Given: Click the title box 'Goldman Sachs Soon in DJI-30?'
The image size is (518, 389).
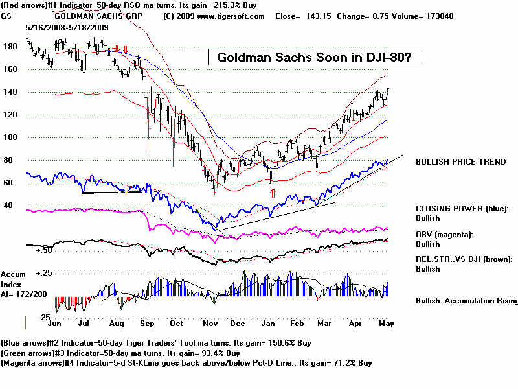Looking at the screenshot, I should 314,58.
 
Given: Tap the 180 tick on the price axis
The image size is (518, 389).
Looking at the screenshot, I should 10,47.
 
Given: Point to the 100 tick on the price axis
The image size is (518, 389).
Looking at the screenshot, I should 10,137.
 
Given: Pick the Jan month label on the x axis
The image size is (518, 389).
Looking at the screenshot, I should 272,322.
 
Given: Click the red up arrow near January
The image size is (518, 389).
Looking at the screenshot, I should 273,193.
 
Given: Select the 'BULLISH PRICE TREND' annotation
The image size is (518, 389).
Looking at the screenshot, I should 460,162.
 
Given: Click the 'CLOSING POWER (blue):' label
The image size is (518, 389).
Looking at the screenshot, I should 462,209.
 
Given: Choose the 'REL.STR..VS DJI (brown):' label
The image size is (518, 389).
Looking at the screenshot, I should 464,259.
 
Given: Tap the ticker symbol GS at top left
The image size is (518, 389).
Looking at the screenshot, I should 6,16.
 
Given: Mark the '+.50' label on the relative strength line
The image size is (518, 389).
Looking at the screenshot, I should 43,250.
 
